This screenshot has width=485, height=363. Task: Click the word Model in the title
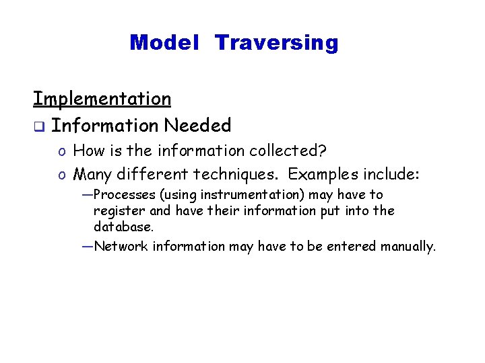pos(164,43)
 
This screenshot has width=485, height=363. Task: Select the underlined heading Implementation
pos(102,99)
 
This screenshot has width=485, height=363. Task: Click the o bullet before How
pos(61,151)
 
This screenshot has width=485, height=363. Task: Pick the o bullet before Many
pos(61,175)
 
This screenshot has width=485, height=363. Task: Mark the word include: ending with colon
pos(391,175)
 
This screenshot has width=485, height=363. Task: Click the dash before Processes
pos(86,195)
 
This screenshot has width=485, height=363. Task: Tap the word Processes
pos(125,195)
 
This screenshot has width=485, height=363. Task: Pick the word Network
pos(121,247)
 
